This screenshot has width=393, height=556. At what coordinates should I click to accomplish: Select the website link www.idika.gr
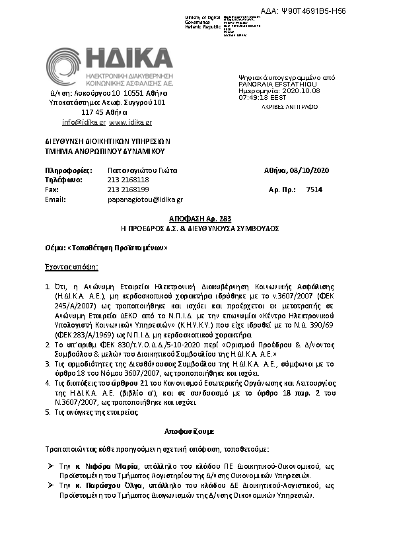tap(131, 122)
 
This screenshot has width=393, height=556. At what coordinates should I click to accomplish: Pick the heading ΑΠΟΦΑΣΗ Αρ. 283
tap(196, 219)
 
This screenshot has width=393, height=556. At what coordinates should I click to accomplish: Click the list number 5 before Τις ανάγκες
tap(47, 412)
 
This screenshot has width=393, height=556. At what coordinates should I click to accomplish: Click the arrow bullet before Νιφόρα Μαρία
tap(51, 466)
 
